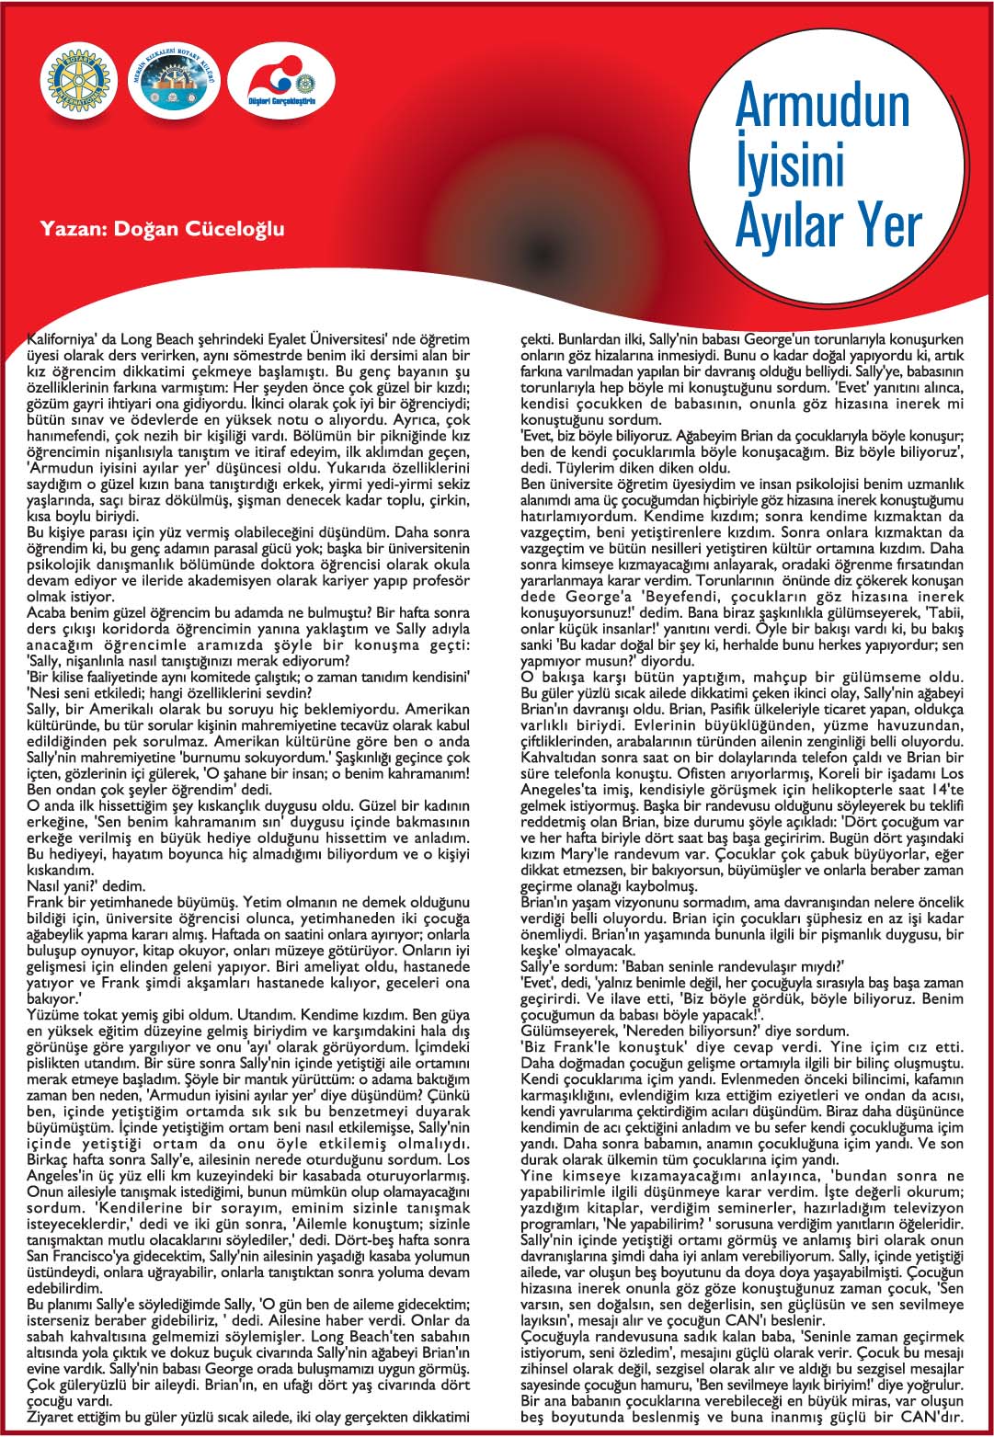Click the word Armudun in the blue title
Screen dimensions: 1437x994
822,106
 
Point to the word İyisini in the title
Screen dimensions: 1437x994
790,165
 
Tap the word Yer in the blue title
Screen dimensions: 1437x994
887,225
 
